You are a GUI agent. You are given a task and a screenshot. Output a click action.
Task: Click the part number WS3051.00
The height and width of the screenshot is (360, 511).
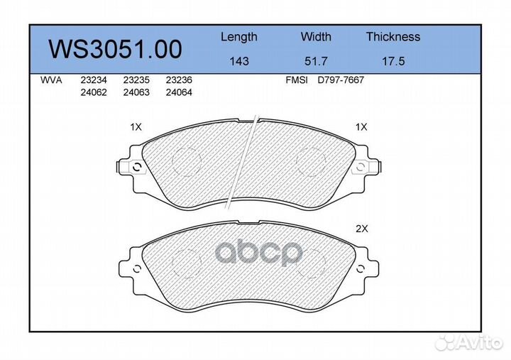(114, 49)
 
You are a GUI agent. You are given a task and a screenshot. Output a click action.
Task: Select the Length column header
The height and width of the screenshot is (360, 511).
(238, 37)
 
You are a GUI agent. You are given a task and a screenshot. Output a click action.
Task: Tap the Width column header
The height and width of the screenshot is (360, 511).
(315, 37)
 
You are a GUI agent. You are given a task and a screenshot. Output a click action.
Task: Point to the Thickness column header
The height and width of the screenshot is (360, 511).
(392, 37)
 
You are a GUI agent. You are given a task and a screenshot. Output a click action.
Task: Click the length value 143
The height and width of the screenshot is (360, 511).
(238, 61)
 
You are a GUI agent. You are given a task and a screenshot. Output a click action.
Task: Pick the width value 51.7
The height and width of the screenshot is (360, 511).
(315, 61)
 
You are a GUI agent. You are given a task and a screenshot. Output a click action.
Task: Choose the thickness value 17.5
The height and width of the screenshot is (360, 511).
(392, 61)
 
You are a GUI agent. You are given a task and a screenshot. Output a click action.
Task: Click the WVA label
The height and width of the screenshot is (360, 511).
(52, 81)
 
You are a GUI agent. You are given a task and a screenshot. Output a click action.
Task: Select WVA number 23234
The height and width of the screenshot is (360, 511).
(93, 81)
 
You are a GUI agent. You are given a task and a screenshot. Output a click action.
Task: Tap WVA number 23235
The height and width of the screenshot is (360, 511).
(136, 81)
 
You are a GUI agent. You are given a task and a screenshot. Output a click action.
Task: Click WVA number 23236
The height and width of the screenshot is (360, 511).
(179, 81)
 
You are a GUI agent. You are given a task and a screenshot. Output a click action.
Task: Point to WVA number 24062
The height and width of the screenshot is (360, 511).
(93, 92)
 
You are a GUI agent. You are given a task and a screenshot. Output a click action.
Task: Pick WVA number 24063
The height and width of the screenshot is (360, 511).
(136, 92)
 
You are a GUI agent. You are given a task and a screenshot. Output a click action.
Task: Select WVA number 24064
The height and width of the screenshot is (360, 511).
(179, 92)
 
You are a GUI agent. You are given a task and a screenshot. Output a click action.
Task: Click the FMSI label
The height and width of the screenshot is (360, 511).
(296, 81)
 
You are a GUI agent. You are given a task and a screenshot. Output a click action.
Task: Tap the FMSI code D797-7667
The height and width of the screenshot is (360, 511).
(341, 81)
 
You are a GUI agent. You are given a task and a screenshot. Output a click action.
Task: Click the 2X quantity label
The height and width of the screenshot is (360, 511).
(361, 229)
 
